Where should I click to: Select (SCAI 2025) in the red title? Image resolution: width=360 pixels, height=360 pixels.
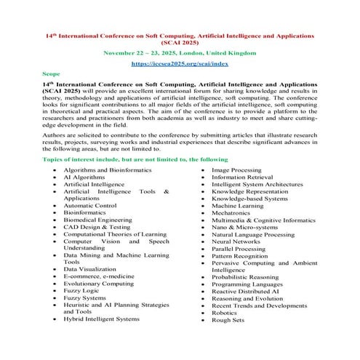180,42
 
